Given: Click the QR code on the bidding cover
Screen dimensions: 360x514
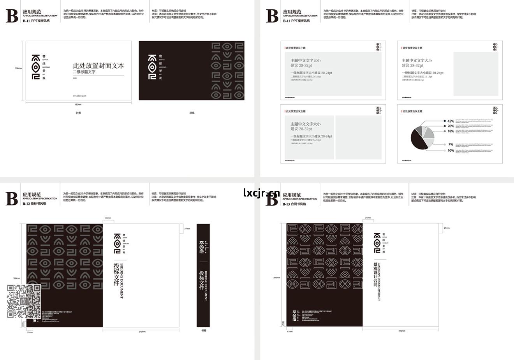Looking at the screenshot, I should coord(24,301).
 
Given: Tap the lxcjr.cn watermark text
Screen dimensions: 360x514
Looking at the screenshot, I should coord(261,193).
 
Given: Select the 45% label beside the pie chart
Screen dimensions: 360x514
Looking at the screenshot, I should coord(451,121).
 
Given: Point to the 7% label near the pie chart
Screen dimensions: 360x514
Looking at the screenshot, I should coord(451,144).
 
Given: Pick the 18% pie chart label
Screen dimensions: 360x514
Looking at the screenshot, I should coord(451,131).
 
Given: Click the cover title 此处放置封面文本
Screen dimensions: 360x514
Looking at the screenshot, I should coord(99,66).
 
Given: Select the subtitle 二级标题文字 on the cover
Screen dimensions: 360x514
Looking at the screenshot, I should coord(84,72).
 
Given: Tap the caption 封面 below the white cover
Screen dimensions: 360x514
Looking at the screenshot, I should coord(79,113).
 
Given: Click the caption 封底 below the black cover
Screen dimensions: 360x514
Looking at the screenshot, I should coord(192,113).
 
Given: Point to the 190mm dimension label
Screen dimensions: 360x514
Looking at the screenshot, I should coord(78,104).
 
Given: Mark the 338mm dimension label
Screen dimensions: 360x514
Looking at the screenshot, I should coord(18,68).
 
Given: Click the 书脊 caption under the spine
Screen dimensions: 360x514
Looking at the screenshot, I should coord(203,331).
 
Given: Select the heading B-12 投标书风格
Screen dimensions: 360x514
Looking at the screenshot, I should coord(34,204).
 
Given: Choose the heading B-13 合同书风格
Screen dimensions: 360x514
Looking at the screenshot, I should coord(294,204).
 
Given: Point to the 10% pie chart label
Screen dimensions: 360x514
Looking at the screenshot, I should coord(451,151).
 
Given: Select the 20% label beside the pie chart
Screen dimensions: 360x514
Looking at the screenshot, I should coord(451,126).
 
